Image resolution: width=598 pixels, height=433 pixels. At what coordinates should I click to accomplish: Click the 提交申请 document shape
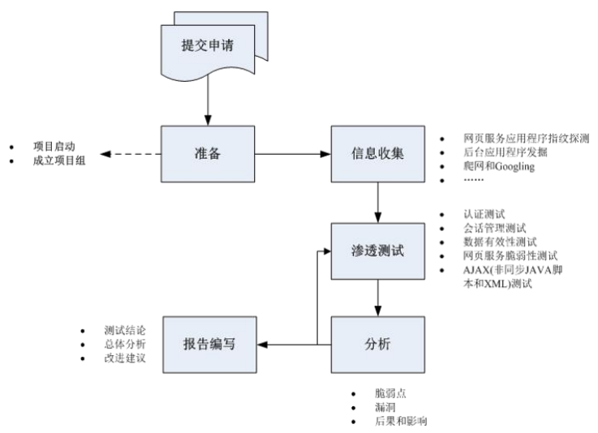point(208,50)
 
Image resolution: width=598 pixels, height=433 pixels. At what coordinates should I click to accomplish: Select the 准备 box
point(208,154)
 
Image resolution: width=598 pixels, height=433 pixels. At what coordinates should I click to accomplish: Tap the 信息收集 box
point(378,154)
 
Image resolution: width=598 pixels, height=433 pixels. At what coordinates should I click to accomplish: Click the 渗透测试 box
point(378,251)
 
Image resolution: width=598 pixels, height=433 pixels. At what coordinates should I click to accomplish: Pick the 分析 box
point(378,345)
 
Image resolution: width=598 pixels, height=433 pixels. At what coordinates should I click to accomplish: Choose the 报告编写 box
point(210,345)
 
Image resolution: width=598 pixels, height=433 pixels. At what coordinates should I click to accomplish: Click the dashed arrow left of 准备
point(131,154)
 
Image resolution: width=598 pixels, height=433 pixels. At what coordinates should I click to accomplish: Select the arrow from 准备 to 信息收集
point(293,154)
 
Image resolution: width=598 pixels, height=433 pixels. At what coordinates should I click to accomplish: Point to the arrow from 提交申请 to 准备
point(208,101)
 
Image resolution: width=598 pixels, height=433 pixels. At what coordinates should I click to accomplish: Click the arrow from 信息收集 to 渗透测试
point(378,203)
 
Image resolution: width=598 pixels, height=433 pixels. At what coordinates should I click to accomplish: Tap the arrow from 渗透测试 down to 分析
point(378,298)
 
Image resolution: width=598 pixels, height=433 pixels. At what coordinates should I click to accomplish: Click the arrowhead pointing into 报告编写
point(262,345)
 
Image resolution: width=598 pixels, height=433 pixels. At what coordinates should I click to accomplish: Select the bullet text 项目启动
point(54,147)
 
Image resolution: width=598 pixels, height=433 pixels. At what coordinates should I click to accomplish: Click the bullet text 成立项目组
point(59,161)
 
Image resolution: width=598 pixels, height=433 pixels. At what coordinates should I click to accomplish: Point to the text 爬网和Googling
point(499,166)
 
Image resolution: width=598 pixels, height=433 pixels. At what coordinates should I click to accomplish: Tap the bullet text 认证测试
point(484,214)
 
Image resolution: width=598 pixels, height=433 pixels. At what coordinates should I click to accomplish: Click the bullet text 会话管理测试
point(495,229)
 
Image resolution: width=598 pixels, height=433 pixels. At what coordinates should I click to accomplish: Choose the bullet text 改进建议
point(125,358)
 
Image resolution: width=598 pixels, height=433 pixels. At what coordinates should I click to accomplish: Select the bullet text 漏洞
point(385,408)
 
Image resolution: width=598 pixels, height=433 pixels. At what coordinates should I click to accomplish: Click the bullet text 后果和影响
point(401,421)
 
